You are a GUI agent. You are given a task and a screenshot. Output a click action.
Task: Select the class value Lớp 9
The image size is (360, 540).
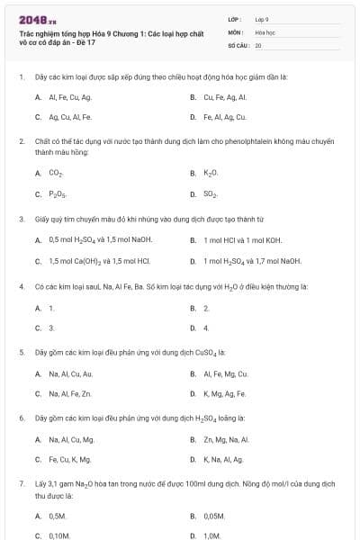262,18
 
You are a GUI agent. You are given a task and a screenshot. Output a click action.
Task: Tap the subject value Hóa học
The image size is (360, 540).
265,31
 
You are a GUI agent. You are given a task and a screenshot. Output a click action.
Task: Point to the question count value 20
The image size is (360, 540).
258,44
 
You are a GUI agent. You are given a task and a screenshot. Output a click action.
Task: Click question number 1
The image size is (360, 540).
21,76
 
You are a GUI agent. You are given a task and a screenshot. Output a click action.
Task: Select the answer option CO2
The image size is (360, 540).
56,172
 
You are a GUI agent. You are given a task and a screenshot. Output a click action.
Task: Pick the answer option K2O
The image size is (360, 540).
211,172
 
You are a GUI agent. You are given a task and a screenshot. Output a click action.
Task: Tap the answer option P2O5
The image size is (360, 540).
57,193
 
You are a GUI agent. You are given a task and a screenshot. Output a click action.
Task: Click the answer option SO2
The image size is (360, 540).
211,193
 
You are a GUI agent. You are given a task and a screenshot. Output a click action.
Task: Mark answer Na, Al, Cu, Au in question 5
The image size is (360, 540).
70,373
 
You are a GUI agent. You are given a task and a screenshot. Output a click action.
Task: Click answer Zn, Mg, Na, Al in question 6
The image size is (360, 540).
226,439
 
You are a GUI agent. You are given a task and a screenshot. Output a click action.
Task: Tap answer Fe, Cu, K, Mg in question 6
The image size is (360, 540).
70,460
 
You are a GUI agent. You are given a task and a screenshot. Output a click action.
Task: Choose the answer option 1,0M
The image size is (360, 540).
211,535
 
